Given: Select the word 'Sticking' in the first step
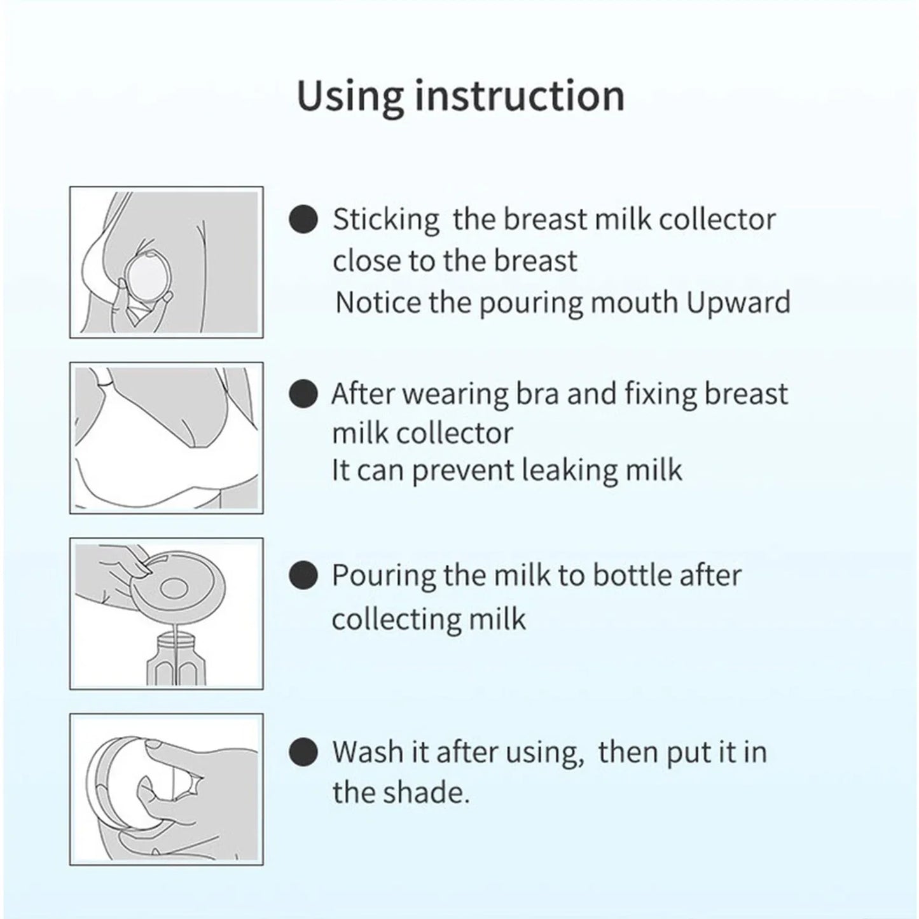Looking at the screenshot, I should click(385, 220).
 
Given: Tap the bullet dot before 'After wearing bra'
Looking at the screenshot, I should click(303, 394).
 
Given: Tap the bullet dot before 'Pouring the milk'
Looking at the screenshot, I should click(303, 576).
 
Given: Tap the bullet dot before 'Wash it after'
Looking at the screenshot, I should click(303, 752).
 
